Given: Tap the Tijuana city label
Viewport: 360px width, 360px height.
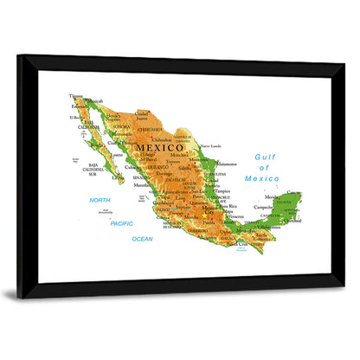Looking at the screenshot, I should (x=77, y=96).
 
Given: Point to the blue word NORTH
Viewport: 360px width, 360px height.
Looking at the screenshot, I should (x=100, y=200).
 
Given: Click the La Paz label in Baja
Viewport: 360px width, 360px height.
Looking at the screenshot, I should (x=118, y=178).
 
